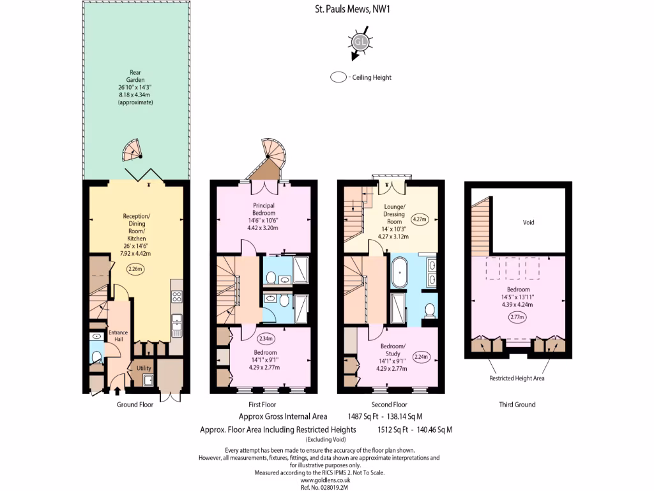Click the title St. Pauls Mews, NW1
pyautogui.click(x=346, y=10)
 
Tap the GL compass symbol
pyautogui.click(x=360, y=42)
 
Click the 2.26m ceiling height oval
pyautogui.click(x=135, y=269)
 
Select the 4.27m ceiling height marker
pyautogui.click(x=420, y=219)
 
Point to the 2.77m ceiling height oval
pyautogui.click(x=517, y=316)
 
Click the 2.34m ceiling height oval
pyautogui.click(x=265, y=338)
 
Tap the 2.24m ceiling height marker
pyautogui.click(x=421, y=356)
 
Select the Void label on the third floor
pyautogui.click(x=528, y=222)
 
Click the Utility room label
pyautogui.click(x=144, y=368)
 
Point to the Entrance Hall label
pyautogui.click(x=118, y=336)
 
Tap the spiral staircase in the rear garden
pyautogui.click(x=133, y=152)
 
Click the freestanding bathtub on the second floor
pyautogui.click(x=400, y=273)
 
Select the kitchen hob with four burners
pyautogui.click(x=177, y=296)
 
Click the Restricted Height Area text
pyautogui.click(x=517, y=378)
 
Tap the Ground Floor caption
pyautogui.click(x=135, y=404)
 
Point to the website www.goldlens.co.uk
pyautogui.click(x=326, y=479)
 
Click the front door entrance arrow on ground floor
pyautogui.click(x=120, y=390)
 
